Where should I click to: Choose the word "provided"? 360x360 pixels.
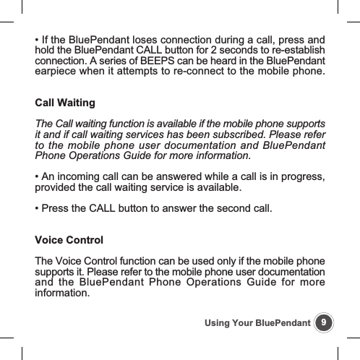point(57,190)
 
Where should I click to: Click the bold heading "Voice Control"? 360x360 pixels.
point(69,240)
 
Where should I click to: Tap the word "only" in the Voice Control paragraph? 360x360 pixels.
point(231,260)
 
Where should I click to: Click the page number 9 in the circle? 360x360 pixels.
point(325,321)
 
